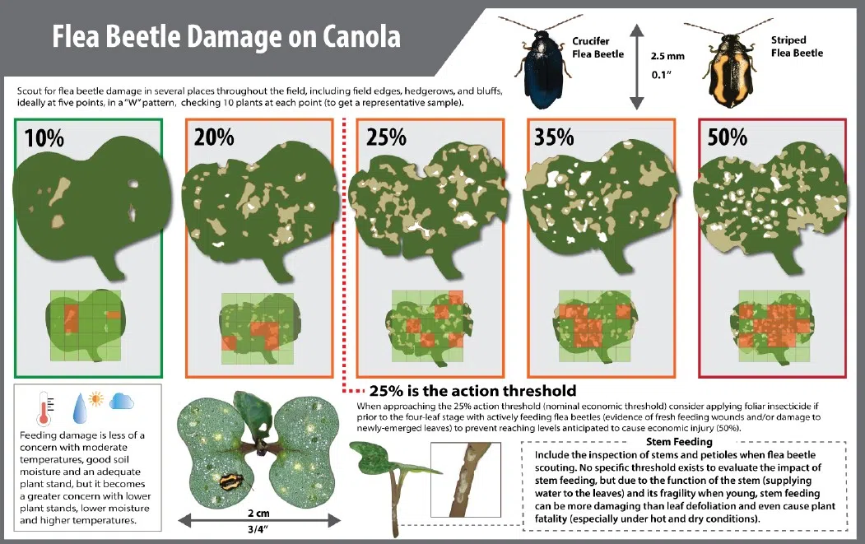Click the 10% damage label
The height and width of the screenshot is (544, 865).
coord(44,137)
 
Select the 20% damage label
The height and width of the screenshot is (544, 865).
coord(214,137)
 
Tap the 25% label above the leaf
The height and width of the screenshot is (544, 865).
coord(386,137)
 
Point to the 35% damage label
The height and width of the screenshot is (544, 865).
coord(554,137)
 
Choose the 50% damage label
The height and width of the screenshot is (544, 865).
coord(728,137)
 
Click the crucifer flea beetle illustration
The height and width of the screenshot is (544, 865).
coord(542,65)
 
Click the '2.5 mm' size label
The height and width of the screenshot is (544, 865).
coord(667,56)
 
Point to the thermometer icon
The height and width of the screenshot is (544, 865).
coord(46,409)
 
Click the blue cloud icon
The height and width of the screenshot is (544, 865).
coord(122,401)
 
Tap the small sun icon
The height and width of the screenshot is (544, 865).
coord(96,398)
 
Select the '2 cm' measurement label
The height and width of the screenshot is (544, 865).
coord(258,513)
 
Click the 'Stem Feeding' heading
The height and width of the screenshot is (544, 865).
coord(679,442)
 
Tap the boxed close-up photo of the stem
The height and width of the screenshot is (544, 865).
coord(466,480)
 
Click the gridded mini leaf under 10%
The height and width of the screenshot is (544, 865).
coord(86,326)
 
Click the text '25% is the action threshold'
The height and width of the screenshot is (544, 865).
coord(472,391)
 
